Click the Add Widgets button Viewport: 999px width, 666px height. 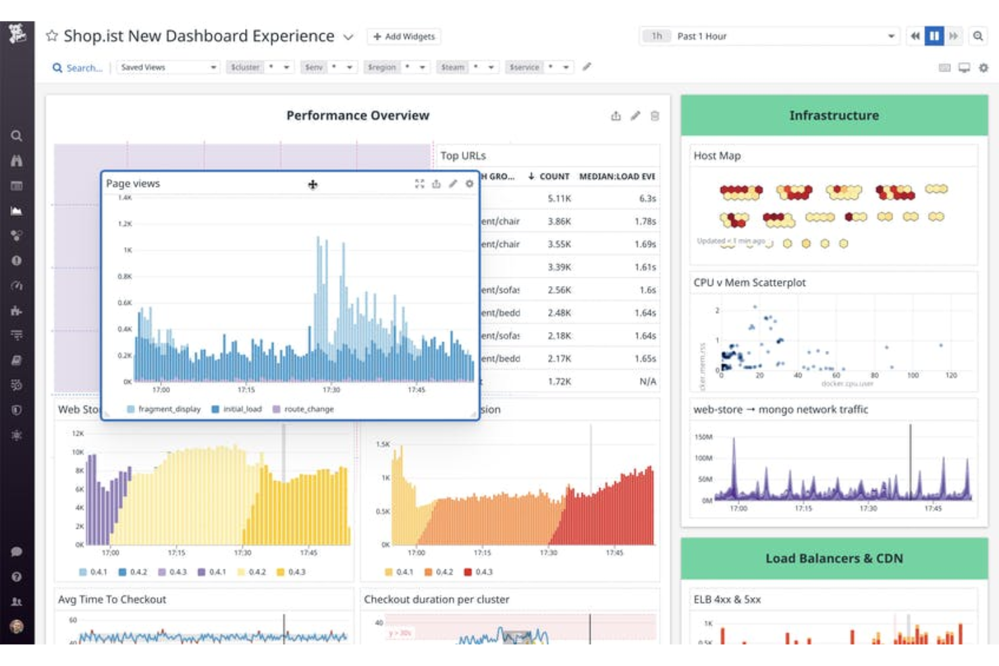click(404, 36)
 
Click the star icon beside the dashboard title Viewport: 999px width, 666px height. click(52, 36)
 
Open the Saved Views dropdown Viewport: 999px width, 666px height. click(168, 67)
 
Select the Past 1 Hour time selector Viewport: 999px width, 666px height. click(769, 36)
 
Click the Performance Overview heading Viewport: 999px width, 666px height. click(357, 115)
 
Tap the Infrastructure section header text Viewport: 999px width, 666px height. click(834, 115)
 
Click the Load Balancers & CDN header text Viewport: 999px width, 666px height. click(834, 559)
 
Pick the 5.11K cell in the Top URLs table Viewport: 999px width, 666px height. click(559, 198)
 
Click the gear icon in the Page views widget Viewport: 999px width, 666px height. click(470, 184)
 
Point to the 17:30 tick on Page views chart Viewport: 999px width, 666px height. click(331, 390)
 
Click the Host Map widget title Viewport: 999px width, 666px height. click(717, 156)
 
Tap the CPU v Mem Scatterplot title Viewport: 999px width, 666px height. click(749, 283)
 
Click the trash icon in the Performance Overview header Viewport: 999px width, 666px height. click(655, 116)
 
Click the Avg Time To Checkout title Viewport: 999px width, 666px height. click(112, 600)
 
